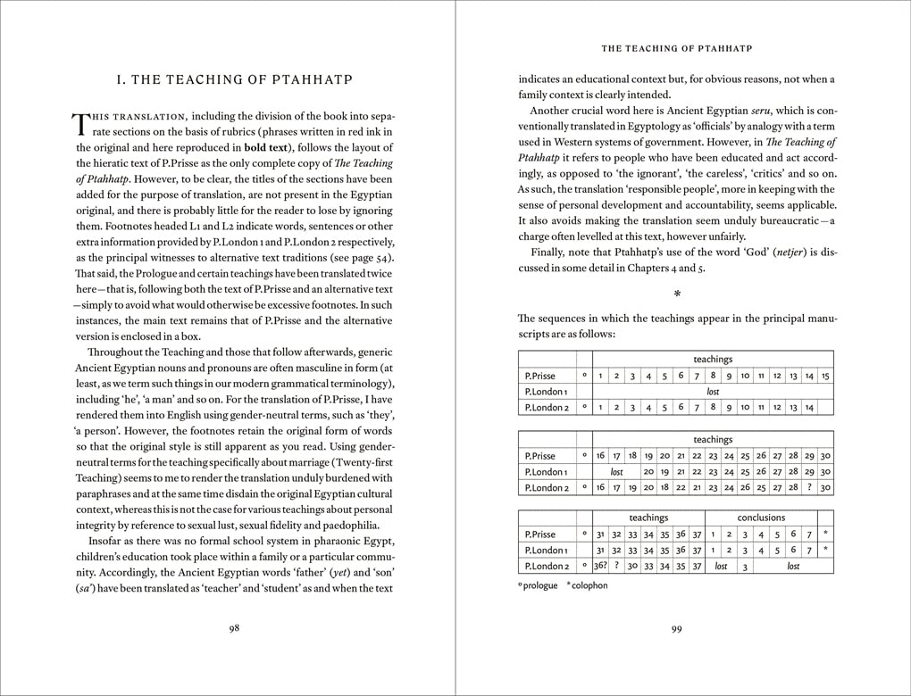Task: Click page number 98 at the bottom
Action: click(x=234, y=628)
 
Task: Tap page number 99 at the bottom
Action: click(x=676, y=628)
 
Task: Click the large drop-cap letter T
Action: click(x=79, y=126)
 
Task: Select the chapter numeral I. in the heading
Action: click(x=121, y=80)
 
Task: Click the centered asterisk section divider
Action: click(x=676, y=293)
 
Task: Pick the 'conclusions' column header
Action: click(x=761, y=518)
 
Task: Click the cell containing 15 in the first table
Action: click(x=825, y=376)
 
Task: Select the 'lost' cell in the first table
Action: click(x=712, y=392)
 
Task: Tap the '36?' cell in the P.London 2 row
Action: click(x=600, y=566)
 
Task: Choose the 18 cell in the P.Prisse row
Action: click(x=632, y=455)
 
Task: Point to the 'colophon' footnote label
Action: click(x=590, y=585)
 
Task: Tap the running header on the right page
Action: click(x=676, y=49)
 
